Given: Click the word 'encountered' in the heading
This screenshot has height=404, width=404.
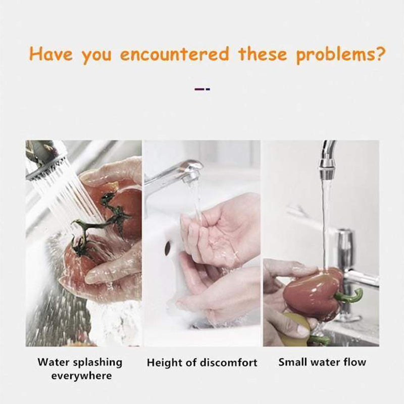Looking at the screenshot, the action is click(x=175, y=55).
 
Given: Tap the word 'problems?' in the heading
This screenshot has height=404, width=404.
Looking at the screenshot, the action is click(x=340, y=55).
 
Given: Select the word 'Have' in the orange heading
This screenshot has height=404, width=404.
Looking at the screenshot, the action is click(x=52, y=54).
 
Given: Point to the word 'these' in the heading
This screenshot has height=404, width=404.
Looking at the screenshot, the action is click(x=263, y=54).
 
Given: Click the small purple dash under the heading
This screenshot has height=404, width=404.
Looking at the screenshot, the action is click(x=199, y=89).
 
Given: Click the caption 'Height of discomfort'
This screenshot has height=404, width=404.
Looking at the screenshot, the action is click(x=202, y=363).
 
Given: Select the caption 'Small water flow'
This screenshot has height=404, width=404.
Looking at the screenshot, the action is click(x=322, y=362).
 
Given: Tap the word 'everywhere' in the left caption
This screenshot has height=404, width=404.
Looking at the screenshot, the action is click(x=81, y=376).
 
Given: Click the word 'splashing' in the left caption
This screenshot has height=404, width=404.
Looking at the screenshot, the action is click(x=97, y=363).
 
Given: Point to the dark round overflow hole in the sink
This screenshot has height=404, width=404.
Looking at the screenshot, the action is click(x=168, y=247).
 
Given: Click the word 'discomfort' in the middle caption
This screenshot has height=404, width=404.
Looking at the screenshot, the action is click(x=228, y=363).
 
